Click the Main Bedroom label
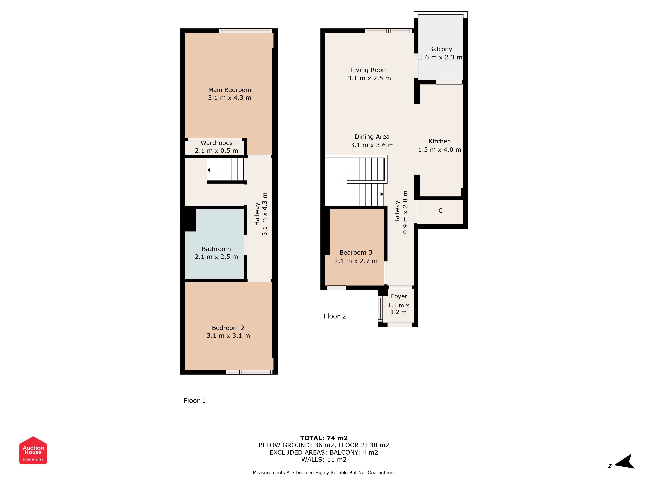230,90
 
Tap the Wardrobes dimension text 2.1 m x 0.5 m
216,150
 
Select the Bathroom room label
216,249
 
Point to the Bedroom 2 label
228,328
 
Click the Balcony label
441,49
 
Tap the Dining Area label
372,137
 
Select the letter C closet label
441,211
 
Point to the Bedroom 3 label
356,253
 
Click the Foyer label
399,296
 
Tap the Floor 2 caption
335,316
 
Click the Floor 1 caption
195,401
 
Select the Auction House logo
33,450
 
